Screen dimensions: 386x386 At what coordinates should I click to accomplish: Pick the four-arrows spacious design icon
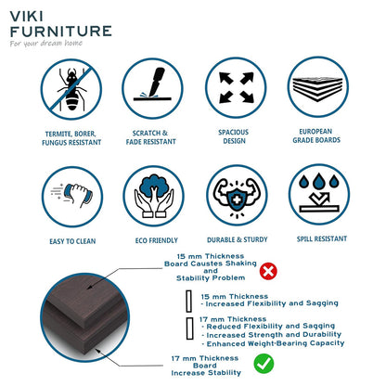tap(235, 87)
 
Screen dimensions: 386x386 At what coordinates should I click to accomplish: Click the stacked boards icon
tap(317, 87)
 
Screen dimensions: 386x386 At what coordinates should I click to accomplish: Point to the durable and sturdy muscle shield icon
tap(235, 196)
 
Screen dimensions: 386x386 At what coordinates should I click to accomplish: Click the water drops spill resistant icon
tap(317, 196)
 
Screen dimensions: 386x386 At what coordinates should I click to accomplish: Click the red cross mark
tap(269, 271)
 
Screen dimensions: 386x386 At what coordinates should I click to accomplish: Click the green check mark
tap(264, 365)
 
